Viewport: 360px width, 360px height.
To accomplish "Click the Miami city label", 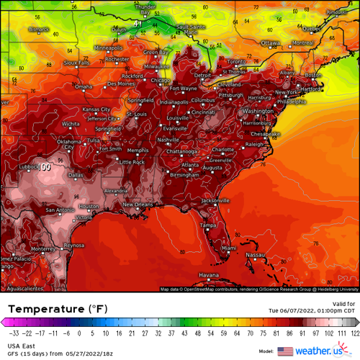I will pos(228,248).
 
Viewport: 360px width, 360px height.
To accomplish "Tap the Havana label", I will pos(208,275).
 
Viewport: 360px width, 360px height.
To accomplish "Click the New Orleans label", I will pos(138,204).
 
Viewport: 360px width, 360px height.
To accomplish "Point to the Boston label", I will pos(312,75).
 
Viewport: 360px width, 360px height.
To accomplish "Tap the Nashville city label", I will pos(168,139).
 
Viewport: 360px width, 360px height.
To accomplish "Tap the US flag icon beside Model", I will pos(284,351).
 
